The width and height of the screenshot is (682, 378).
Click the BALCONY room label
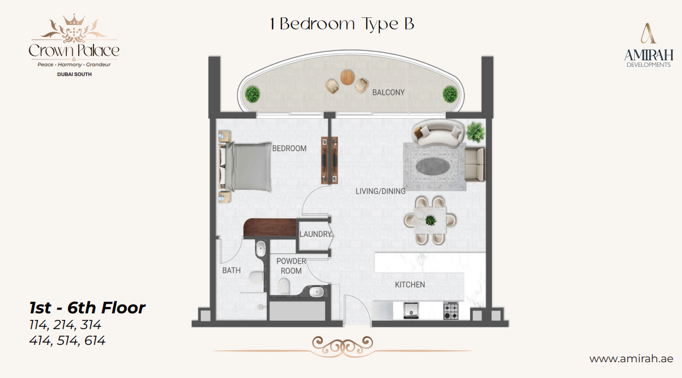coord(388,92)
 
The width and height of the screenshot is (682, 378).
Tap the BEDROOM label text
coord(289,148)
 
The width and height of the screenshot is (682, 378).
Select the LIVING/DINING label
coord(380,191)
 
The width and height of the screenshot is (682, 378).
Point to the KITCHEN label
coord(410,285)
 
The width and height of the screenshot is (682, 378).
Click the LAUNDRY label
coord(315,234)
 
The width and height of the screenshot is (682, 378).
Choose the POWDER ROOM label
coord(291,266)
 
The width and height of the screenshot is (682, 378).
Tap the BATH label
coord(231,270)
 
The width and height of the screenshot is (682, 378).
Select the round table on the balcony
coord(347,76)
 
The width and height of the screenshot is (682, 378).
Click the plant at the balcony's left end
coord(252,94)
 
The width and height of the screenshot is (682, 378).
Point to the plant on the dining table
coord(430,220)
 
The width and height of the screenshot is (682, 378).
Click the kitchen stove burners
coord(451,311)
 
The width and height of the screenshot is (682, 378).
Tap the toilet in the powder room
coord(284,286)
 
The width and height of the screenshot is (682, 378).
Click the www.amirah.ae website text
coord(631,359)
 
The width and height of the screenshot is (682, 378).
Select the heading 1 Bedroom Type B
coord(342,24)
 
